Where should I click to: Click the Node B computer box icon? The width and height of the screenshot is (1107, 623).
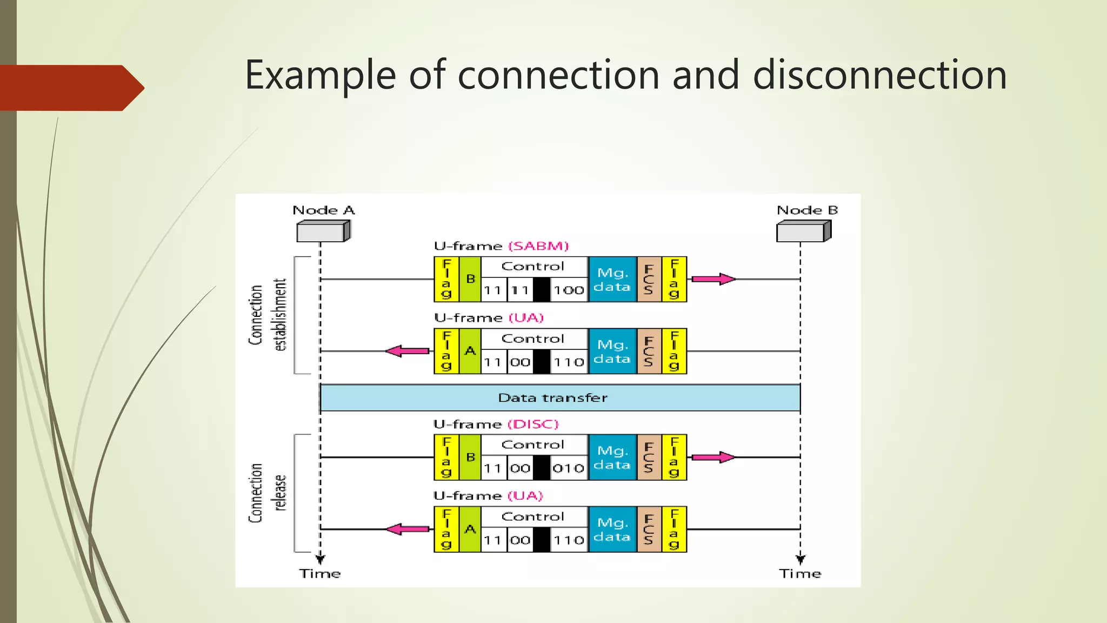coord(803,231)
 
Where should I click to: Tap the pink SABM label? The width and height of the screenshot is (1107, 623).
coord(538,246)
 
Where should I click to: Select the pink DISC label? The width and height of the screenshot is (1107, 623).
coord(533,424)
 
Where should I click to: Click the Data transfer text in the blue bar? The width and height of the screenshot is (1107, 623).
coord(552,398)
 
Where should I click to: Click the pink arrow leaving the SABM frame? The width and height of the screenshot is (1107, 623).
coord(713,279)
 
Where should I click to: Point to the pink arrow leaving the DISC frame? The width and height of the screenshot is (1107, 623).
coord(713,458)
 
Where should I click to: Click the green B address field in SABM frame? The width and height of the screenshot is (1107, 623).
coord(470,279)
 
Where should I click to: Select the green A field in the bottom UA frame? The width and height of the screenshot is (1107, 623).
coord(470,529)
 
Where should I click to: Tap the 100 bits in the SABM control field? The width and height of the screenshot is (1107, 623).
coord(569,290)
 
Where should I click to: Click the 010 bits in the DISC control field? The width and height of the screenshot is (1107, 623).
coord(569,468)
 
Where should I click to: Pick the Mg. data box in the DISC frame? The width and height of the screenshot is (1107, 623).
coord(612,458)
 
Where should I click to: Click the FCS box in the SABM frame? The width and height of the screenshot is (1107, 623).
coord(649,279)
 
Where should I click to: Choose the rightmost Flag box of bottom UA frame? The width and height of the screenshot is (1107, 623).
coord(674,529)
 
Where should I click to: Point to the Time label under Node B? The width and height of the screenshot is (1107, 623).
coord(800,574)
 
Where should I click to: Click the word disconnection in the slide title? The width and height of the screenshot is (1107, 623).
coord(879,75)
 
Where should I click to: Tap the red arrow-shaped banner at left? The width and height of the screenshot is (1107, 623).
coord(70,88)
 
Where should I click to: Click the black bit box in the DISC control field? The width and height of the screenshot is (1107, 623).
coord(542,468)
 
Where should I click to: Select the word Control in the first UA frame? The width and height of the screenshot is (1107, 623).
coord(532,339)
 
